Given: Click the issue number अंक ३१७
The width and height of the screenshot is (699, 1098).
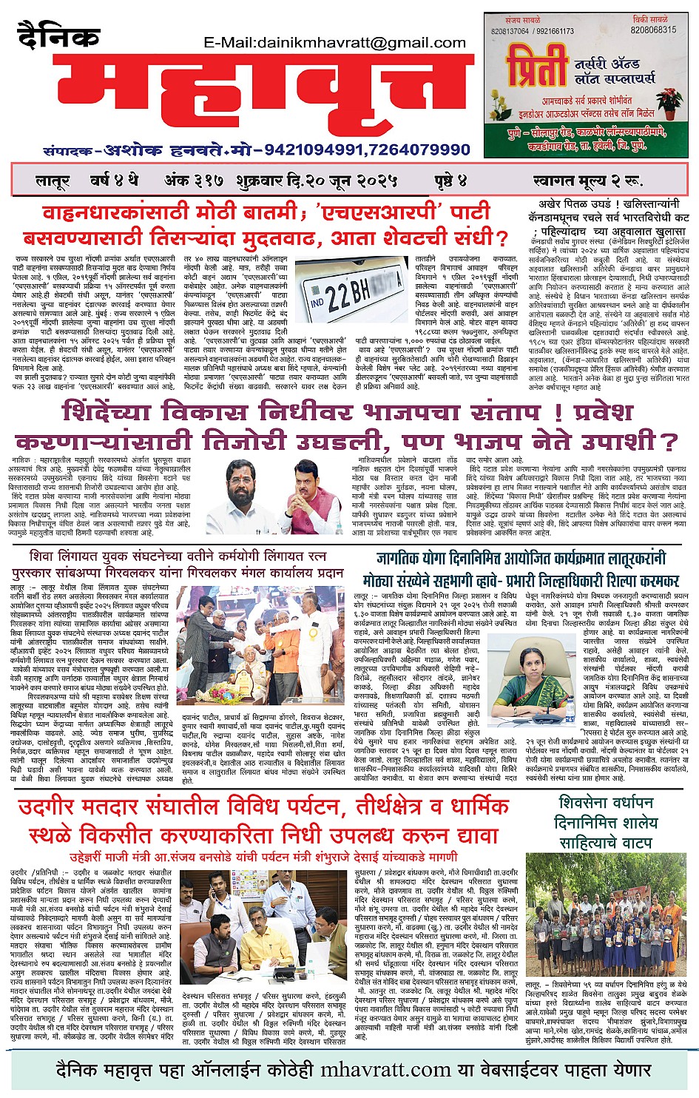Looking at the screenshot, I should coord(187,181).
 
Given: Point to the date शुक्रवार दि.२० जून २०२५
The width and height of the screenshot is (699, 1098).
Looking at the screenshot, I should coord(317,181).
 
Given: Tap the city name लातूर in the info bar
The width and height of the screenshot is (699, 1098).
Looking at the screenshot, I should coord(53,181).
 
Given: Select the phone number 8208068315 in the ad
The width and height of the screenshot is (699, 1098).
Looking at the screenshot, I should coord(653,30).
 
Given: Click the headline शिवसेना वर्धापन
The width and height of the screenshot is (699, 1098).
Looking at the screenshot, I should coord(606,803).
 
